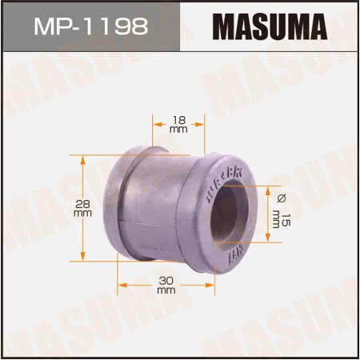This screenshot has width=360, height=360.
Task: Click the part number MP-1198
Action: (90, 27)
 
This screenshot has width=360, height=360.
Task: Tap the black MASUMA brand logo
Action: (269, 27)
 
